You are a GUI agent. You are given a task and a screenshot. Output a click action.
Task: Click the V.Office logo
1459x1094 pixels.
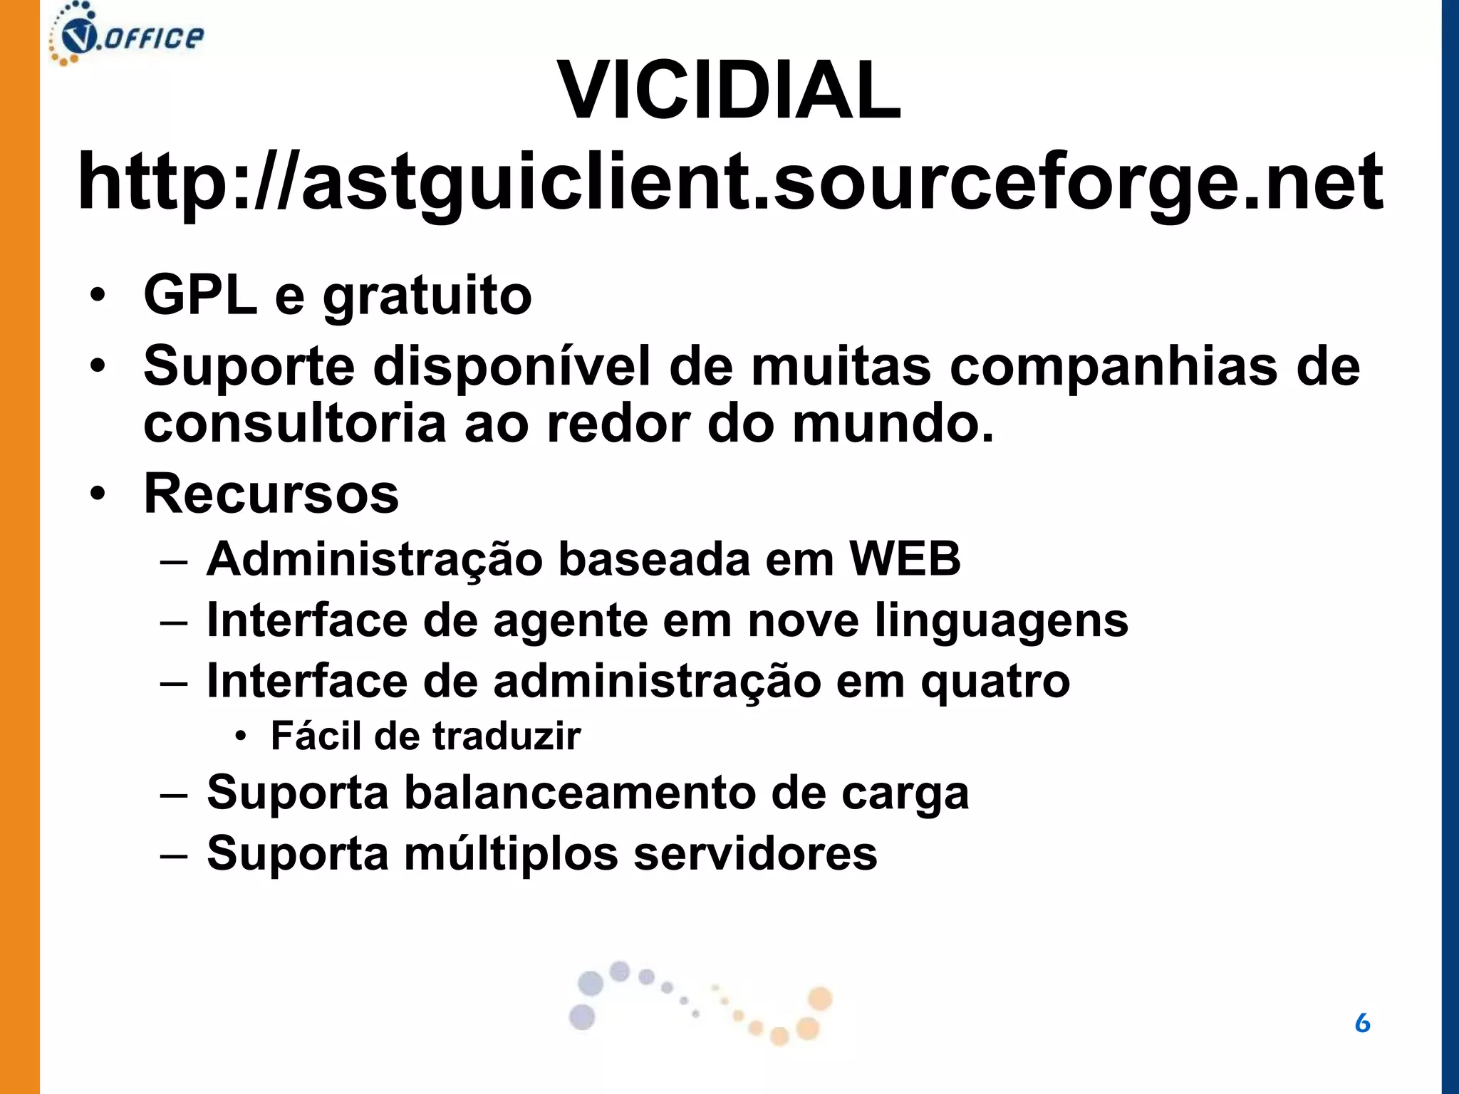[126, 35]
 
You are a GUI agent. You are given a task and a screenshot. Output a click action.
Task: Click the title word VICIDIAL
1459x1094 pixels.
[729, 91]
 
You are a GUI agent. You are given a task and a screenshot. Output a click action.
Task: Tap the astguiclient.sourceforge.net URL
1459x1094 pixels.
[729, 182]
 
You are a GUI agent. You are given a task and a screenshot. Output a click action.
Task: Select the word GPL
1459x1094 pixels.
[200, 295]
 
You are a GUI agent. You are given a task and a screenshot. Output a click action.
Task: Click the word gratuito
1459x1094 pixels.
[427, 296]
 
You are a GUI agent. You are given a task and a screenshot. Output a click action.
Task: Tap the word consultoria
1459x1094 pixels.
[295, 423]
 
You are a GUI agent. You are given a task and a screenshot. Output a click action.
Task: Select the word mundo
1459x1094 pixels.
[893, 423]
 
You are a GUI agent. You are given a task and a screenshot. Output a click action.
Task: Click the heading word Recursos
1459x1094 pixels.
[271, 494]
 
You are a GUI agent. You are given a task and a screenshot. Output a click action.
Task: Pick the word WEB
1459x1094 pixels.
[905, 559]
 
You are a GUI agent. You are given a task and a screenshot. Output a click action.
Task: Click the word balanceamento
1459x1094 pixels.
[580, 793]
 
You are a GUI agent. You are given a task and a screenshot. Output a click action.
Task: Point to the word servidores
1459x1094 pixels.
[755, 853]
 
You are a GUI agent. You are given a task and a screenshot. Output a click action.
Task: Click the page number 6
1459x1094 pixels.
[1362, 1023]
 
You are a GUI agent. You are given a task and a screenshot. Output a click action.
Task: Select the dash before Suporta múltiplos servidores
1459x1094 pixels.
[175, 854]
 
